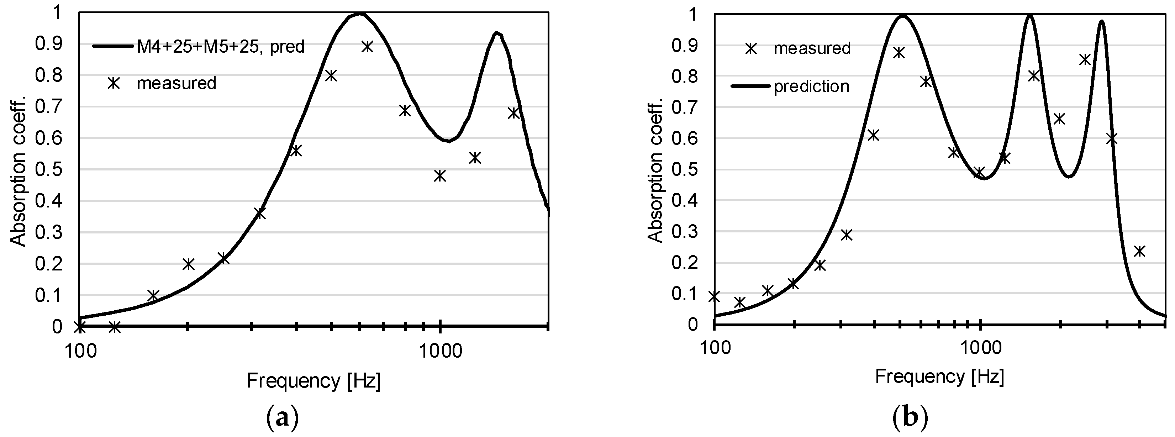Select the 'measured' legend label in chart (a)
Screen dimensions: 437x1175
click(x=176, y=84)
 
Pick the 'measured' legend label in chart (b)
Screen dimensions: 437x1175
click(x=812, y=48)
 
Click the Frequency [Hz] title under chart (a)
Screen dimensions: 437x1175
click(x=314, y=381)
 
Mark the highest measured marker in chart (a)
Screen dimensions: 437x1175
click(x=368, y=47)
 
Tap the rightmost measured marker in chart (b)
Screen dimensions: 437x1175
click(x=1139, y=251)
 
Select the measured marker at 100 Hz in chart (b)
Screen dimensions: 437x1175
click(x=714, y=296)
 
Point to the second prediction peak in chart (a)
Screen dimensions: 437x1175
click(x=497, y=33)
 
